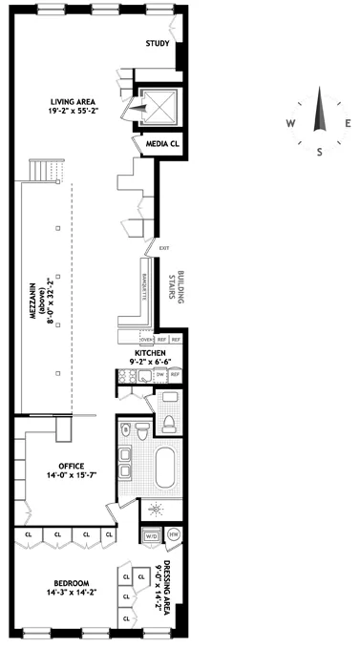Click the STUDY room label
pyautogui.click(x=159, y=44)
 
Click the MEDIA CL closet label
pyautogui.click(x=161, y=144)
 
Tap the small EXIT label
pyautogui.click(x=163, y=249)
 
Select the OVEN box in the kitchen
pyautogui.click(x=147, y=340)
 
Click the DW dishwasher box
pyautogui.click(x=160, y=376)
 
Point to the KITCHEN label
pyautogui.click(x=150, y=355)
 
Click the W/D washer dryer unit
pyautogui.click(x=152, y=535)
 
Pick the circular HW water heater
pyautogui.click(x=173, y=535)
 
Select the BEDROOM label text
pyautogui.click(x=71, y=587)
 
